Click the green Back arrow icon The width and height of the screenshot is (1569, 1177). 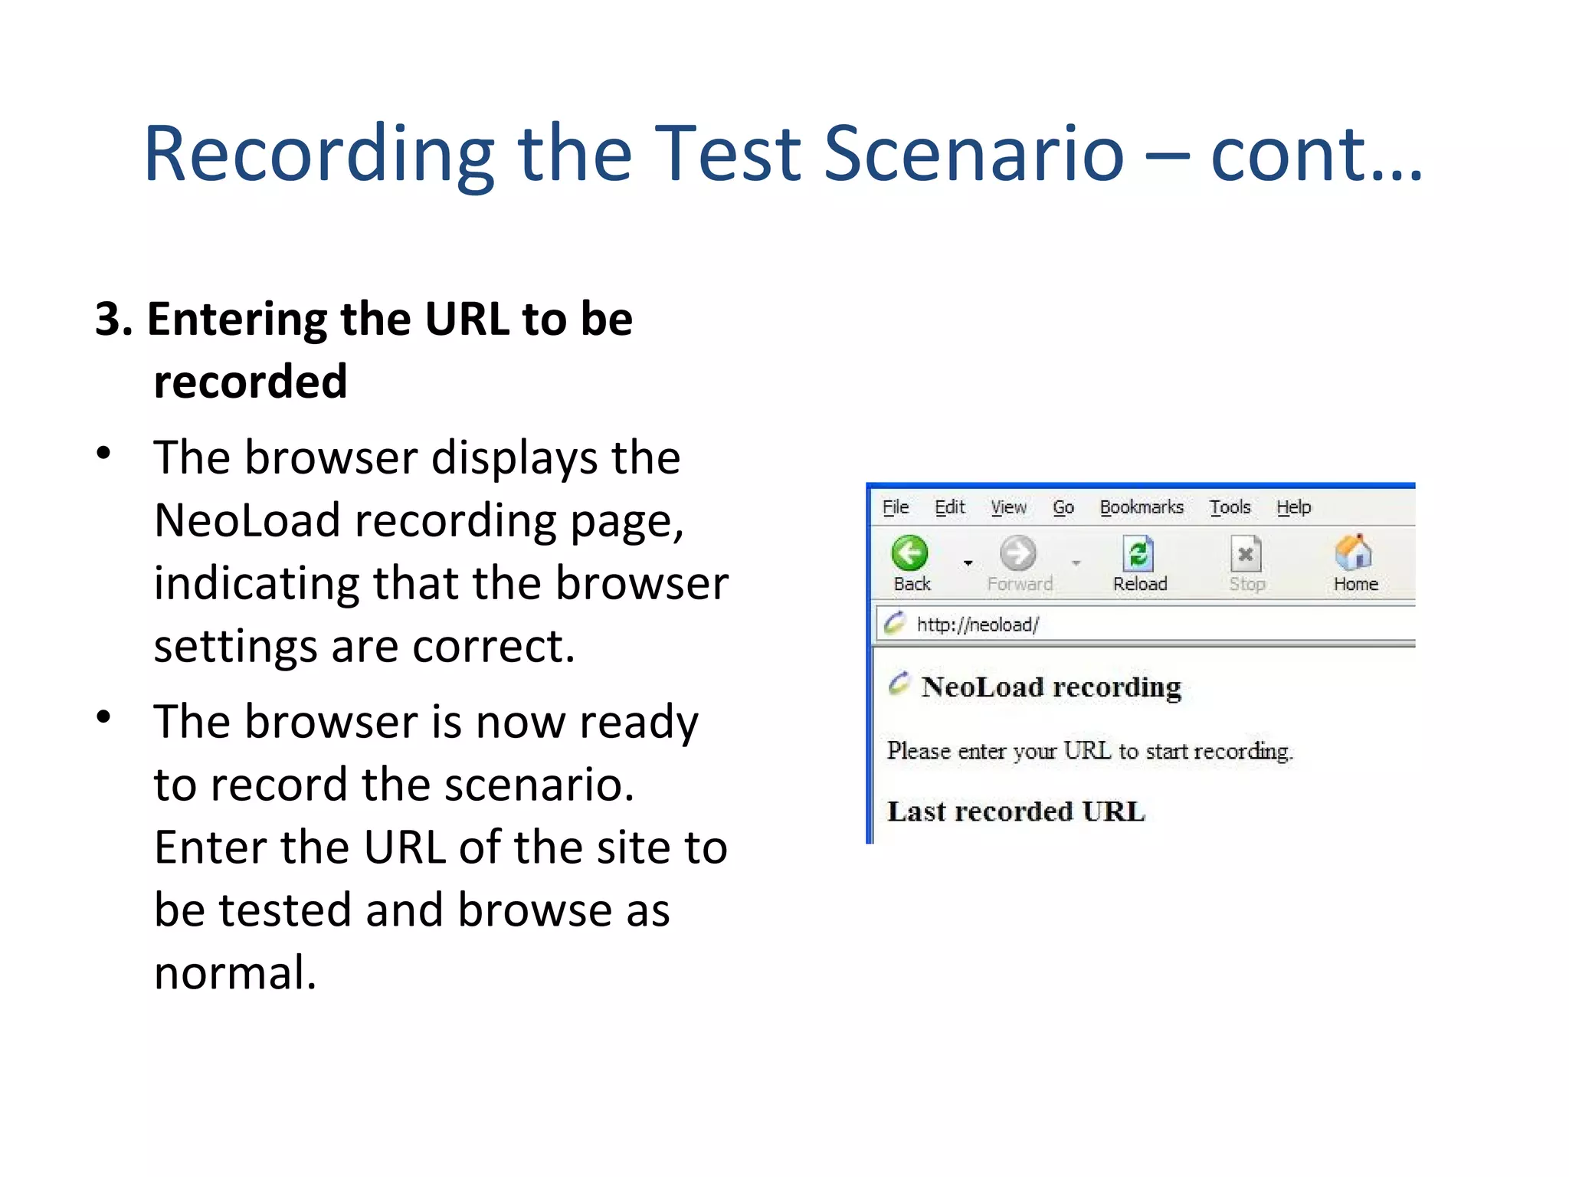(909, 553)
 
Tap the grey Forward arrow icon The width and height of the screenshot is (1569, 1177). (1018, 553)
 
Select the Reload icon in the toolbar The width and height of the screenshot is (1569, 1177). (1139, 553)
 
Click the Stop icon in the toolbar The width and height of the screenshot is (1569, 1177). (1246, 553)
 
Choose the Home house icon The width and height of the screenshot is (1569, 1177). (1354, 552)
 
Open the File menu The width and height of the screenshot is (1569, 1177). (895, 507)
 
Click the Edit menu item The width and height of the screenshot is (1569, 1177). (950, 507)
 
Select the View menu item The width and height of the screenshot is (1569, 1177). (1008, 507)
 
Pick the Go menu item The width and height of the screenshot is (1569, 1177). (1063, 507)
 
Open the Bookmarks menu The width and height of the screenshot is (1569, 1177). (1142, 507)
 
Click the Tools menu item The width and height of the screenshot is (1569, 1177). (1230, 507)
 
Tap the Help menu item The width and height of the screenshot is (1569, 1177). (1294, 507)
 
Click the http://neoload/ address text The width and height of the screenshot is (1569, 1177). (978, 625)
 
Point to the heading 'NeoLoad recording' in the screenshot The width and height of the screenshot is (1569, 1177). (1051, 687)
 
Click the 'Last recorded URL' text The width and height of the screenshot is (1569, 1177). (1016, 811)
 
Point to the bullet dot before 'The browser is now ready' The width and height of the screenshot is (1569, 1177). (104, 717)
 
